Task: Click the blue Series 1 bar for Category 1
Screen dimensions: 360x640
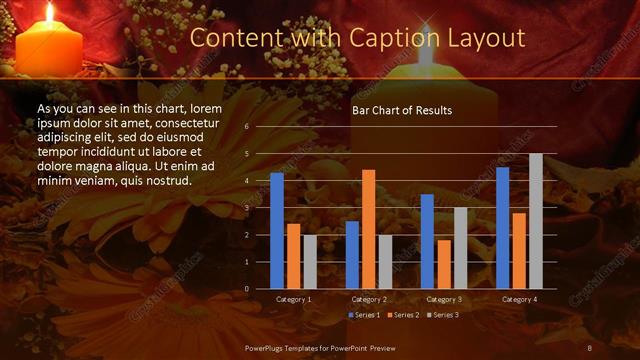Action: click(277, 231)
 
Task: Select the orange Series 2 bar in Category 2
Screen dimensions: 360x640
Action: click(368, 229)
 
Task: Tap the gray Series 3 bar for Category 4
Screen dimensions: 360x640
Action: click(535, 221)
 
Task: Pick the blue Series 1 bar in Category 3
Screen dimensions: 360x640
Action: click(427, 241)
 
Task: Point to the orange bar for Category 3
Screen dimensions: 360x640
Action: click(443, 264)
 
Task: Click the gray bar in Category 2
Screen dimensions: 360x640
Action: click(385, 261)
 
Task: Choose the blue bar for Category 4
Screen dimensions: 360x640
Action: click(502, 228)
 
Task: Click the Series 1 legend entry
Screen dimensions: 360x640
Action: click(364, 315)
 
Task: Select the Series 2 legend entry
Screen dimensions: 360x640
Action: click(404, 315)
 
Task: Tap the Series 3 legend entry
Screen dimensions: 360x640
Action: click(444, 315)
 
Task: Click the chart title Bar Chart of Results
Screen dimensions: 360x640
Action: click(402, 110)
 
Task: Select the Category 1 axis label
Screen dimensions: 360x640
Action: click(293, 299)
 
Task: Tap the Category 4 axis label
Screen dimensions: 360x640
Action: click(519, 299)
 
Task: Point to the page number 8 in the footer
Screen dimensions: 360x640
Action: click(590, 347)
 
